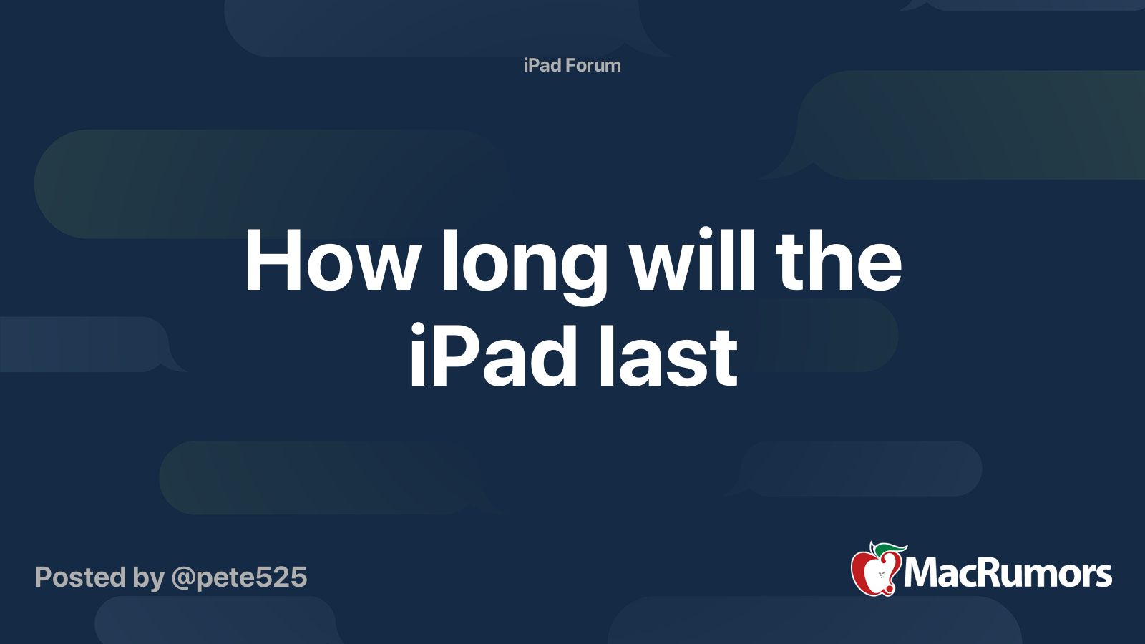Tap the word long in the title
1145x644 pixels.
[524, 263]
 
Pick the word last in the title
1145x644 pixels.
[668, 356]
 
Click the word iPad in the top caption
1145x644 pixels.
[542, 65]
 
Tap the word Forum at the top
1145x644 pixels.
[593, 65]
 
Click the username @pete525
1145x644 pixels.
[239, 577]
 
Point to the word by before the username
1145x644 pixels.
[148, 578]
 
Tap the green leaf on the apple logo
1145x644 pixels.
[887, 549]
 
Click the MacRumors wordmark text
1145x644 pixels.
[1008, 573]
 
